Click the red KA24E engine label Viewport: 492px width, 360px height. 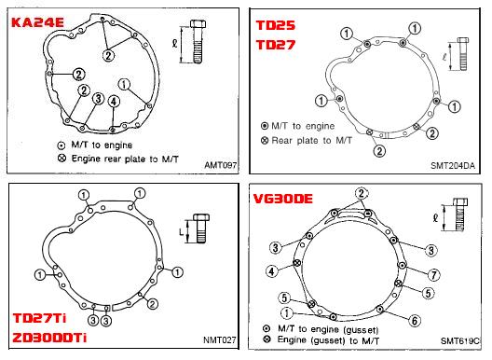(x=37, y=22)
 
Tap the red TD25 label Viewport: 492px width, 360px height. (x=276, y=25)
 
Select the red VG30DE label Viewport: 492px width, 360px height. (x=283, y=199)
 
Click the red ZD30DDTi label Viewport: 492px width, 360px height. (x=49, y=338)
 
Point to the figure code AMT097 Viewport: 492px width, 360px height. (x=220, y=165)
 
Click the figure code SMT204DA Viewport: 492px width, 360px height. (x=453, y=165)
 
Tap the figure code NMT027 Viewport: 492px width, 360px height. (x=219, y=339)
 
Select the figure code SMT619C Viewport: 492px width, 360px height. (x=460, y=340)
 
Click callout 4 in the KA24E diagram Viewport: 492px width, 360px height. (x=114, y=102)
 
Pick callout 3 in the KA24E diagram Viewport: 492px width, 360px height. (x=98, y=99)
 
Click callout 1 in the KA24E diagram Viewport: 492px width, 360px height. (x=124, y=84)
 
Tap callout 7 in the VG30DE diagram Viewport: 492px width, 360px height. (x=434, y=275)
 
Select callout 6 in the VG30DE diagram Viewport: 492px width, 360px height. (x=415, y=321)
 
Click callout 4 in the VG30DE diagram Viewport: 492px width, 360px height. (x=272, y=271)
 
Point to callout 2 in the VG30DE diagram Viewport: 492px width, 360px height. (x=362, y=193)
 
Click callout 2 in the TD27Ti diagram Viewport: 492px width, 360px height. (x=153, y=304)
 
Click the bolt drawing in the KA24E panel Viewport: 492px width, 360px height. (x=198, y=41)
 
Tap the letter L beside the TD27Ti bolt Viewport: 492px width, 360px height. (x=182, y=232)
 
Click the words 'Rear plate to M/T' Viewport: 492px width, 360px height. (x=311, y=141)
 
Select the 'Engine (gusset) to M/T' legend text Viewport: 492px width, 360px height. (x=328, y=340)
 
